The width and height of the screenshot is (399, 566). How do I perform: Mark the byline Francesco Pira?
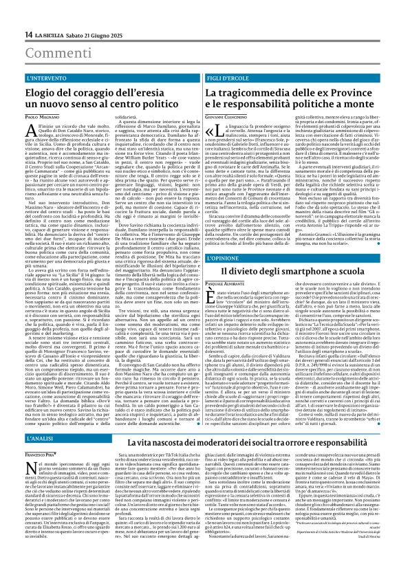click(x=40, y=455)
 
